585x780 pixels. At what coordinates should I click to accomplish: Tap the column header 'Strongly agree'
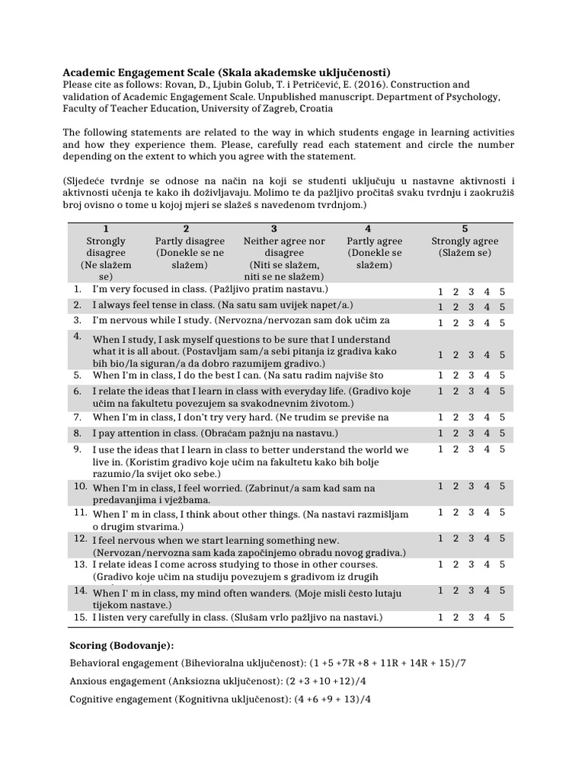pos(465,241)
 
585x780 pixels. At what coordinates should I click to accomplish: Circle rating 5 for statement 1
pos(502,292)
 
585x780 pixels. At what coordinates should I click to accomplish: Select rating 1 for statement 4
pos(440,354)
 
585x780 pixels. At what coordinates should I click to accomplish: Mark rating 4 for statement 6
pos(487,391)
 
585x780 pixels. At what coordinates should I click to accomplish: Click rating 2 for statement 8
pos(456,433)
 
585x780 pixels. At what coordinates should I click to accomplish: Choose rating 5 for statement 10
pos(502,486)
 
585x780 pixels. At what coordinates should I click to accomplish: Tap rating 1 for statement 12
pos(440,539)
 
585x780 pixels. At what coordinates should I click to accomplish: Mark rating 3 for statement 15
pos(471,617)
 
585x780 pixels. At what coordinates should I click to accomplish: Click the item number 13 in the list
pos(78,564)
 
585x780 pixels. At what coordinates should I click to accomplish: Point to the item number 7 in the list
pos(78,417)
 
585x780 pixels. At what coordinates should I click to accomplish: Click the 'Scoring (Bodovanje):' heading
pos(121,645)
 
